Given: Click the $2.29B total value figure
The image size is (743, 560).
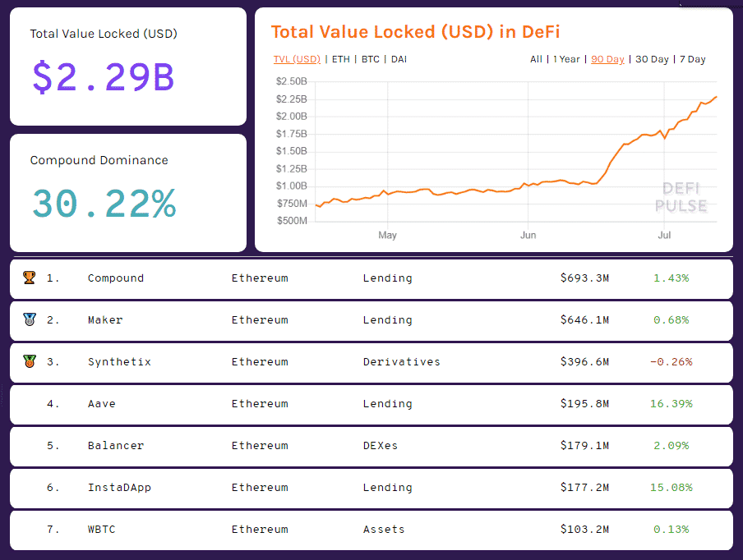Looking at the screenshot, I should point(103,77).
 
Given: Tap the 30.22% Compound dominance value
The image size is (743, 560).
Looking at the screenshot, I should point(104,204).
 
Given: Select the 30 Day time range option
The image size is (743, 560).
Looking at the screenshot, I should point(653,59).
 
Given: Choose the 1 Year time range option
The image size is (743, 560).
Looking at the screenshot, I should point(566,59).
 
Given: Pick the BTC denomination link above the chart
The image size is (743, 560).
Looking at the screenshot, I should point(371,59).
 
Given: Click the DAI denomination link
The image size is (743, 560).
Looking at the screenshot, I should point(399,59).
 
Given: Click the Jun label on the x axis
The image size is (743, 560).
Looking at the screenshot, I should point(528,236).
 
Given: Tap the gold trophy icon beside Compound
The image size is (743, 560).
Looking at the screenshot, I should point(29,278).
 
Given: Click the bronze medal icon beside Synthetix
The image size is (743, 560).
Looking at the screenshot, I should point(29,362).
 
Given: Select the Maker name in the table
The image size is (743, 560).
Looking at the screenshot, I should point(105,320).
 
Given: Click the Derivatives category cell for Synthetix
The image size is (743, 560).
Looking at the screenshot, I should point(401,362).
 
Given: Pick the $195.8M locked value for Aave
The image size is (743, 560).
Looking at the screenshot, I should point(584,404).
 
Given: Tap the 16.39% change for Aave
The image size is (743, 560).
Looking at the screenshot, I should point(671,404).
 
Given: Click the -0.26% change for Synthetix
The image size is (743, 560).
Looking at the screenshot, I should point(671,362).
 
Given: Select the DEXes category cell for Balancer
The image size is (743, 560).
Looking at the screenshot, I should point(380,446).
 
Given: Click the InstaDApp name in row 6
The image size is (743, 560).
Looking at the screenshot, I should point(119,488).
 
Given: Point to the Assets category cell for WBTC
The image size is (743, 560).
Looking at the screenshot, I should point(384,530).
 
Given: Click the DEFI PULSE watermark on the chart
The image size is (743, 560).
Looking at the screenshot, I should point(681,198).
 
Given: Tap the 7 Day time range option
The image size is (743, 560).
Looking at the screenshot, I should point(693,59).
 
